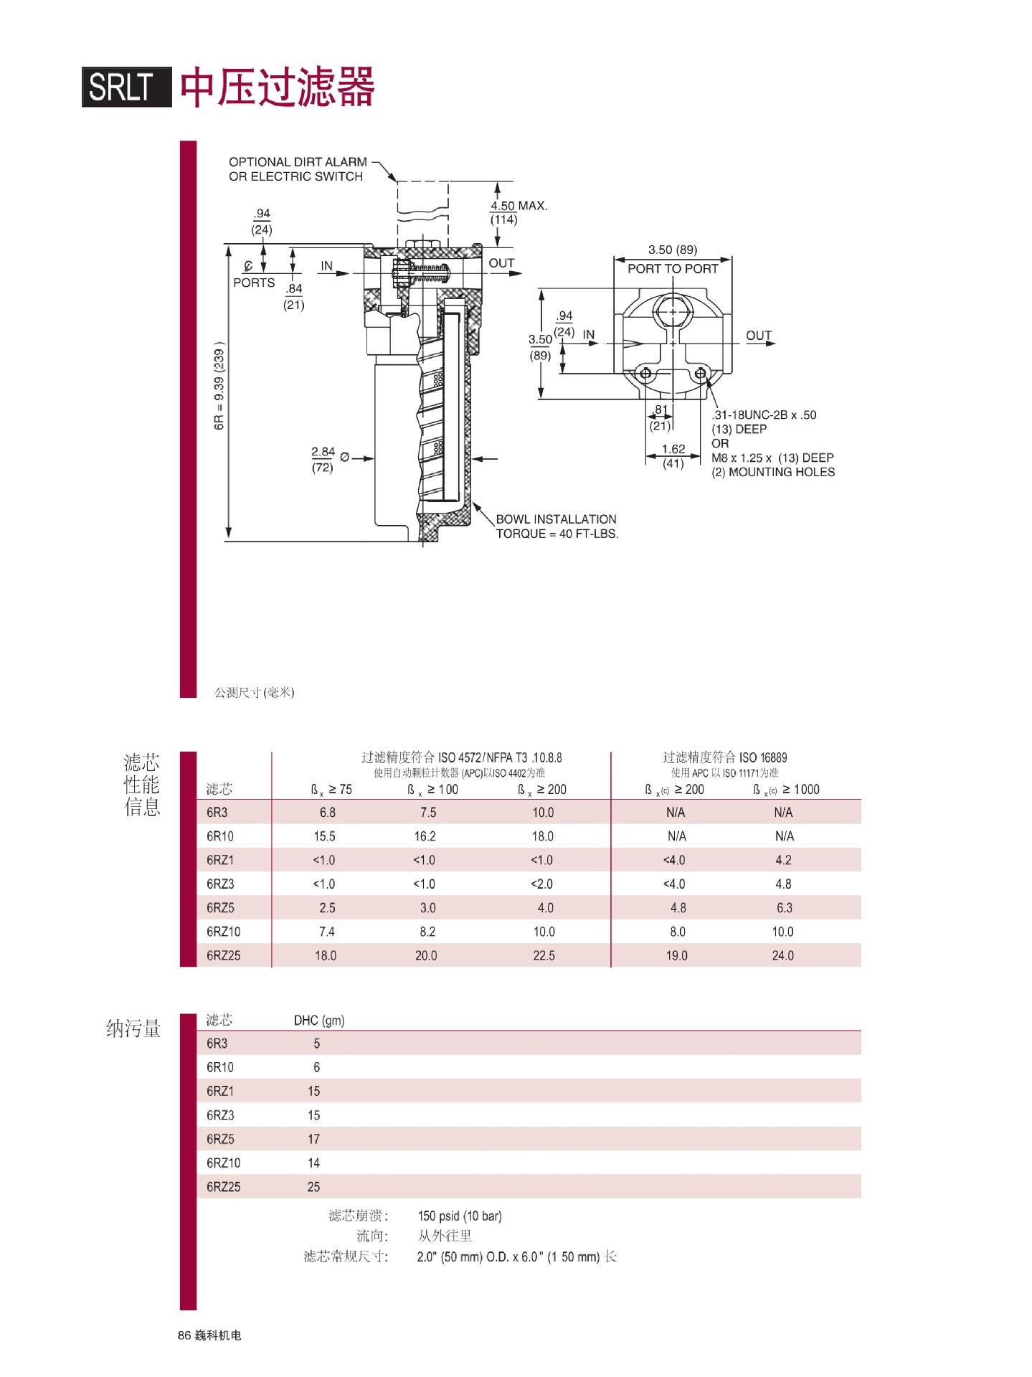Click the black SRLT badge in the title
click(127, 87)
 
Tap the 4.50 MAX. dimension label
click(519, 212)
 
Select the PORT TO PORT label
click(673, 268)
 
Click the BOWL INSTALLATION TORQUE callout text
click(557, 526)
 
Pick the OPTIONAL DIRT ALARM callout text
click(298, 169)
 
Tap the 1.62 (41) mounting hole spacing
click(673, 456)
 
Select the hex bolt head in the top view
click(673, 312)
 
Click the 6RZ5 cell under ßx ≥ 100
click(427, 908)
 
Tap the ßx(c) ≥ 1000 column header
click(786, 790)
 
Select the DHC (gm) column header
click(319, 1021)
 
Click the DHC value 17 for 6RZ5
click(313, 1139)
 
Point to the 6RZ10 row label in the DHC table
click(224, 1163)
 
